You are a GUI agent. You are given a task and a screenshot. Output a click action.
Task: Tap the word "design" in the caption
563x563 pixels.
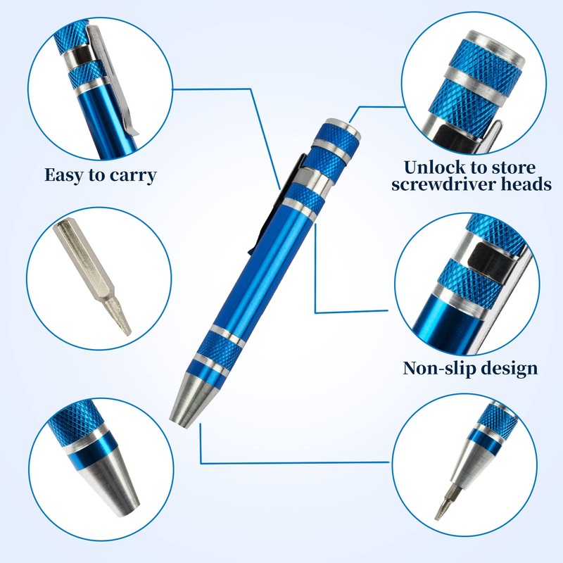coord(509,369)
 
